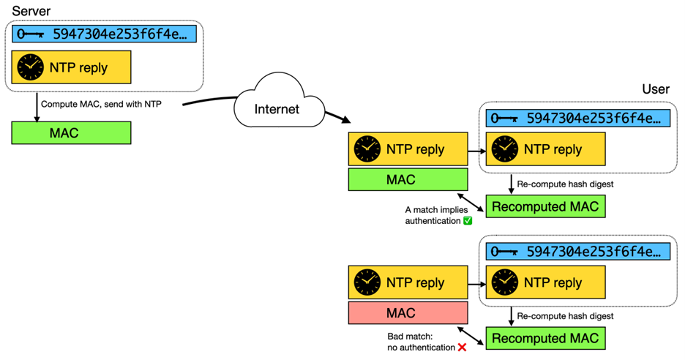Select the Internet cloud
tap(277, 110)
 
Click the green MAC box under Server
tap(71, 132)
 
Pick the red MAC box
tap(408, 312)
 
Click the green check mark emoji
tap(468, 220)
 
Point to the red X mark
tap(462, 347)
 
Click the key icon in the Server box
tap(31, 34)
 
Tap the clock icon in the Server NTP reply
tap(30, 67)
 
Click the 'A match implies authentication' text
tap(431, 214)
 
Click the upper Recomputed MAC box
tap(545, 206)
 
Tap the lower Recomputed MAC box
tap(545, 338)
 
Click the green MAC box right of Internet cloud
tap(408, 179)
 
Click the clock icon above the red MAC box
tap(367, 282)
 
